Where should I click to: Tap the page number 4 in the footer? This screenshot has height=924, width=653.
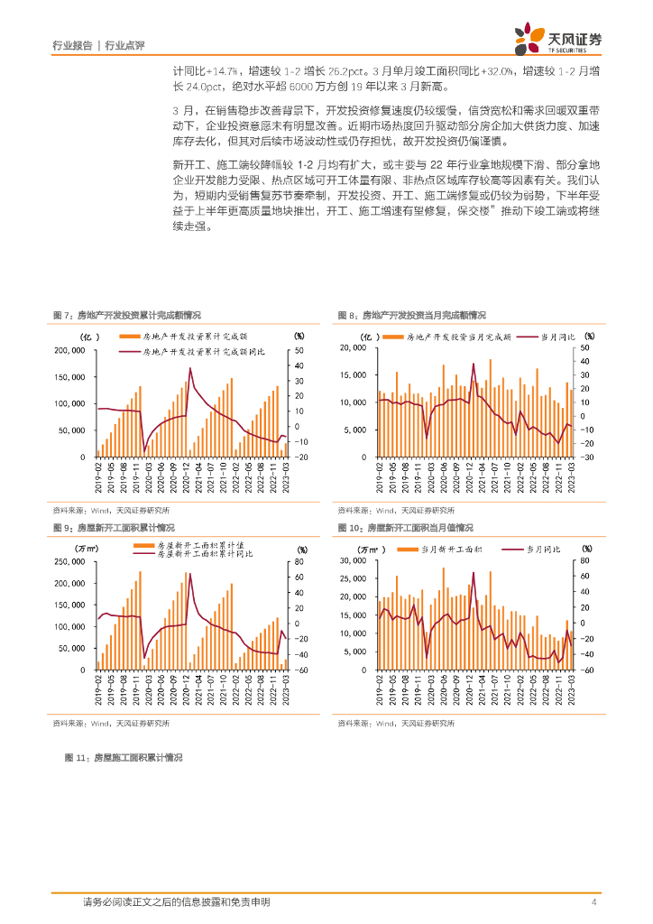pos(594,902)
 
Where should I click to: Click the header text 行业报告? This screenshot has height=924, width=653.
pos(72,45)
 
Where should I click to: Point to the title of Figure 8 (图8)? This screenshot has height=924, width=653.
pos(411,315)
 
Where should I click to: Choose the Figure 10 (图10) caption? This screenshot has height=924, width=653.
pos(405,528)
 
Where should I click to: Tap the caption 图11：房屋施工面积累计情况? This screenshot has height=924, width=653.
pos(124,759)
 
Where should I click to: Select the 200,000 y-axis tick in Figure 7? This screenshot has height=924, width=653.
pos(73,350)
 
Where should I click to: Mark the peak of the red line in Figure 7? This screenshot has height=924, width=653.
pos(190,368)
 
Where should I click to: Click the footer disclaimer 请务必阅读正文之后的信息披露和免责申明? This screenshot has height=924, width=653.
pos(176,902)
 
